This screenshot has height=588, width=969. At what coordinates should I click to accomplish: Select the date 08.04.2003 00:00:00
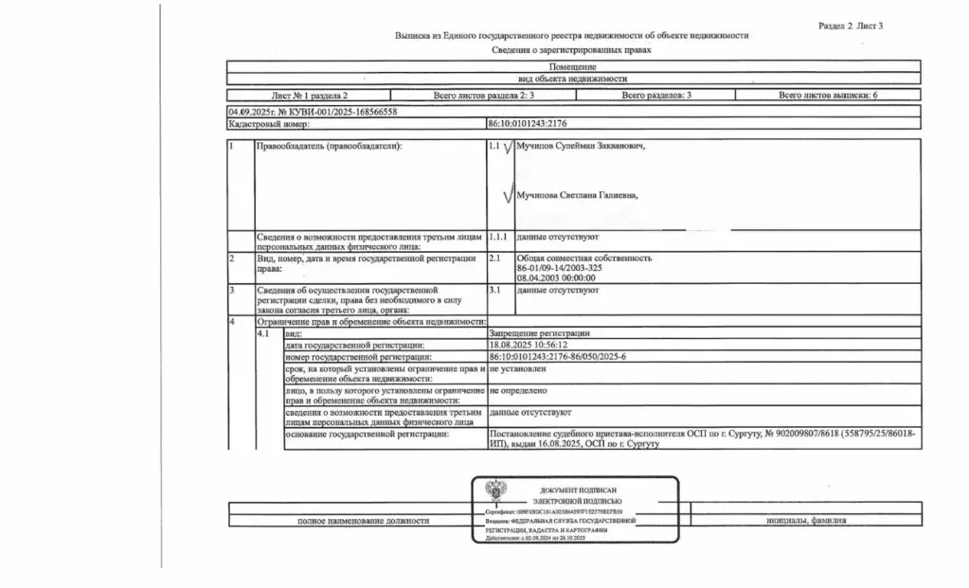556,277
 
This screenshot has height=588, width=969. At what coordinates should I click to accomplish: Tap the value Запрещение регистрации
540,333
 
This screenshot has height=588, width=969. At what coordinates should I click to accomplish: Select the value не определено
519,390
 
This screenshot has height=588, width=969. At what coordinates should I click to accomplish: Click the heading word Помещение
573,66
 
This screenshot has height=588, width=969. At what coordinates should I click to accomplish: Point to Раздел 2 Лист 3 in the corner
850,26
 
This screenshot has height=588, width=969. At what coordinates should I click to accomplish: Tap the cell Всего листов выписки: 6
828,96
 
